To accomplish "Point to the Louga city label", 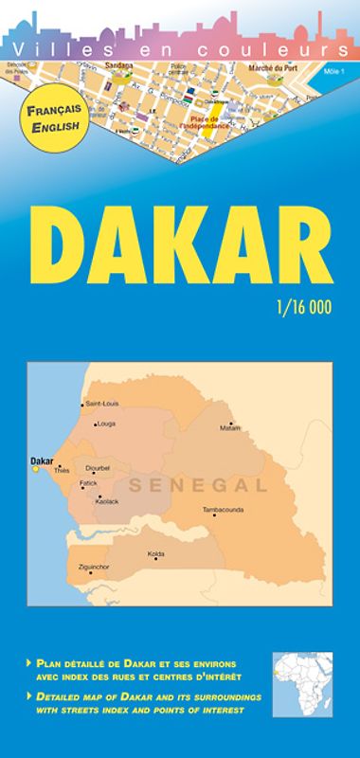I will click(x=105, y=424).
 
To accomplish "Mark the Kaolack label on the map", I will click(x=107, y=500).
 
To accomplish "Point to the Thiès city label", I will click(x=63, y=470).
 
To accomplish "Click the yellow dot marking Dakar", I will click(x=36, y=468).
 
